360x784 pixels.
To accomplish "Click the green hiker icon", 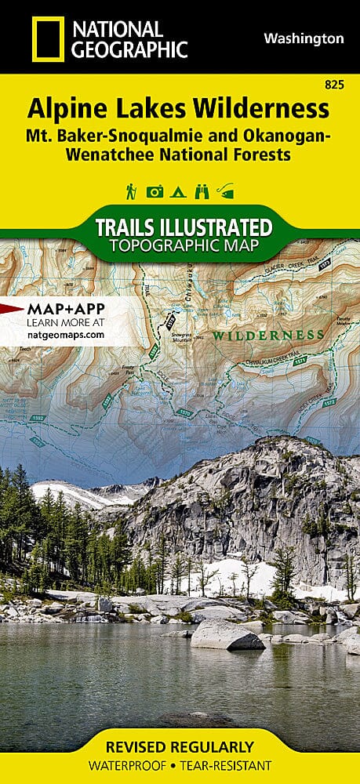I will pyautogui.click(x=132, y=191).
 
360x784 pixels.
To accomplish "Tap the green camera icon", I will pyautogui.click(x=155, y=191).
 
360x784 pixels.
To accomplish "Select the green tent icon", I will pyautogui.click(x=179, y=191).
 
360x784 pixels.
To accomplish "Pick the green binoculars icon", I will pyautogui.click(x=202, y=191).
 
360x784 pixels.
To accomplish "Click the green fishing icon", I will pyautogui.click(x=227, y=191).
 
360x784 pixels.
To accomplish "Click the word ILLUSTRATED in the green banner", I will pyautogui.click(x=217, y=228).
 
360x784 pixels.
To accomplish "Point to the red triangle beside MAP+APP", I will pyautogui.click(x=11, y=307).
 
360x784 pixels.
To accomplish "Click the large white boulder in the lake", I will pyautogui.click(x=227, y=635).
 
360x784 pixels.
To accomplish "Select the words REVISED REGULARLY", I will pyautogui.click(x=180, y=746).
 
